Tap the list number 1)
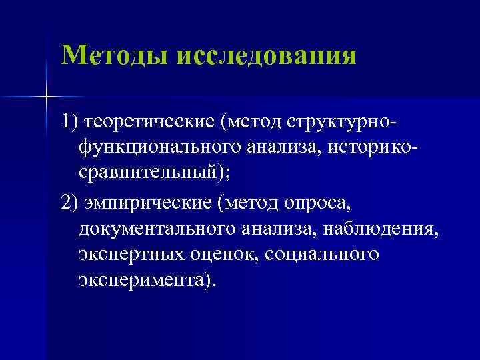tap(69, 121)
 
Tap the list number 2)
tap(70, 203)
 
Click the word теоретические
tap(153, 121)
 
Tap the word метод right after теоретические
tap(257, 121)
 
